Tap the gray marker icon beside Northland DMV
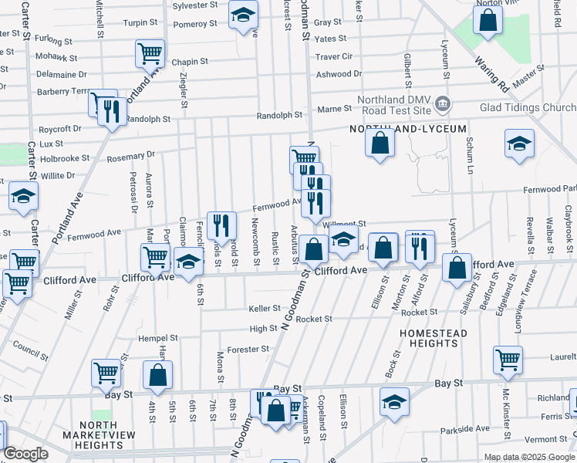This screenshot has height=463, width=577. [x=443, y=103]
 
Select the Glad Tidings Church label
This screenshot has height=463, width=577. [x=528, y=108]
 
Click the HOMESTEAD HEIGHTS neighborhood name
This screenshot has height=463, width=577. [x=434, y=337]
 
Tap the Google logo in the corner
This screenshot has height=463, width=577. [x=26, y=454]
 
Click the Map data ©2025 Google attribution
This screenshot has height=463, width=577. [x=529, y=457]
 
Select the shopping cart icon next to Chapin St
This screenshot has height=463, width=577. [x=150, y=52]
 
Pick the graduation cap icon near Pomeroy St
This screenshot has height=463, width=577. [x=244, y=14]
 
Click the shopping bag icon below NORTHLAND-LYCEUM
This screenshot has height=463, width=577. [x=380, y=143]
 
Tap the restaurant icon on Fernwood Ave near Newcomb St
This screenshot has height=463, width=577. [x=221, y=225]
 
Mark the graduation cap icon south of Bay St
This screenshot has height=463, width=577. [x=394, y=401]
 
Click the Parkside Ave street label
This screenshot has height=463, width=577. [x=465, y=428]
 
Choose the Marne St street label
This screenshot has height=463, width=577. [x=336, y=108]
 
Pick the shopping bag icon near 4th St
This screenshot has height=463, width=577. [x=157, y=376]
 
